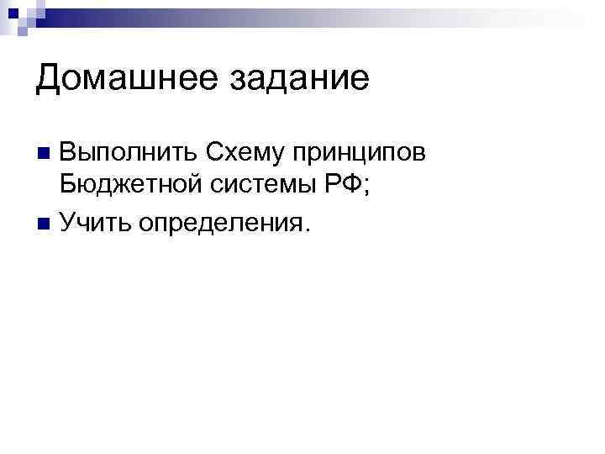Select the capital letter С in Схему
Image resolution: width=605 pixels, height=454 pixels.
tap(208, 154)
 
